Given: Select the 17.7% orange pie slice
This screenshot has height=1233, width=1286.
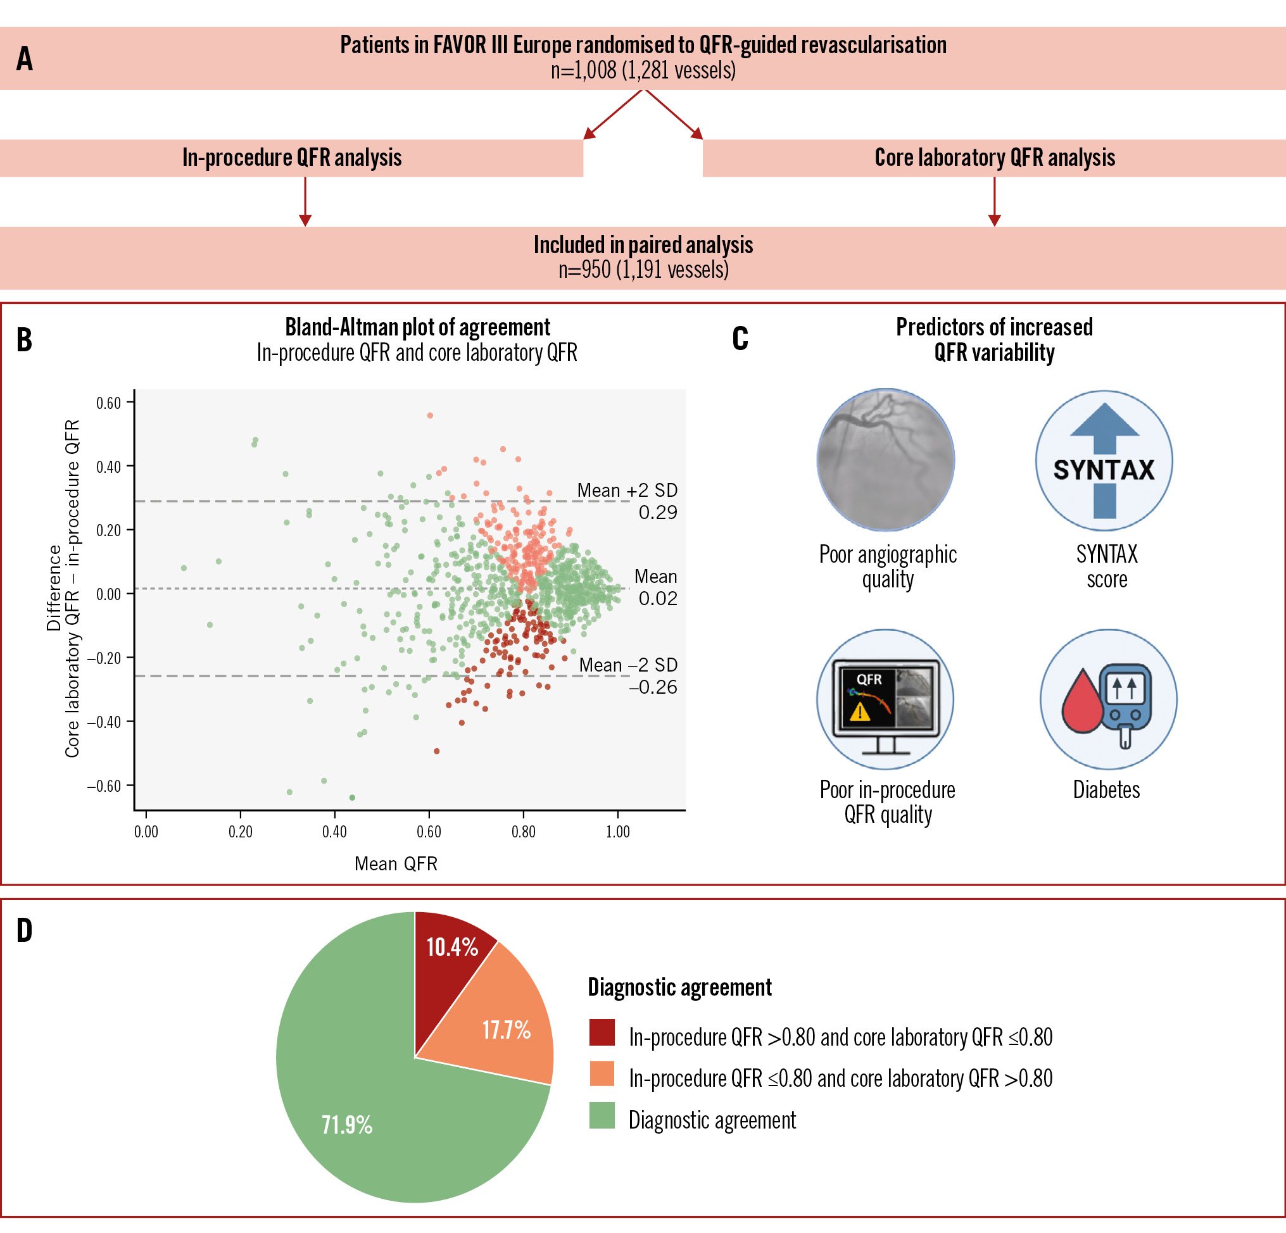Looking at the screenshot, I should click(505, 1030).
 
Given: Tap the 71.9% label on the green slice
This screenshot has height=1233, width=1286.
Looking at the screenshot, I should click(346, 1125).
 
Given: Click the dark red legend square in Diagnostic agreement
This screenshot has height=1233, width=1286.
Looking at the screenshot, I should click(602, 1032).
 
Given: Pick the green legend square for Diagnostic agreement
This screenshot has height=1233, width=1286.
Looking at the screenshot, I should click(602, 1116).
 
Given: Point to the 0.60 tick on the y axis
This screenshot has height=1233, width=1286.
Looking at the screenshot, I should click(109, 403).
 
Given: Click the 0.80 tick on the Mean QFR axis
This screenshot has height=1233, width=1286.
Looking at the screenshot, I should click(523, 832).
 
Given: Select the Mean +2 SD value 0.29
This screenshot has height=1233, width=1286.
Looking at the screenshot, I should click(657, 512).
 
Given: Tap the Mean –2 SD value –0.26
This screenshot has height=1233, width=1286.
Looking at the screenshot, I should click(653, 687).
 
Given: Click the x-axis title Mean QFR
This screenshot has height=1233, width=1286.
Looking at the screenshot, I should click(396, 864).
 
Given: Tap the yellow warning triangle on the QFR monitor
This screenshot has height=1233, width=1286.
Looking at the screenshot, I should click(859, 711).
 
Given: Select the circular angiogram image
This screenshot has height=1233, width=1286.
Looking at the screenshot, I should click(886, 459).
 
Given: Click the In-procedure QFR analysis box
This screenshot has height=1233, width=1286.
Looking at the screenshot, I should click(292, 158).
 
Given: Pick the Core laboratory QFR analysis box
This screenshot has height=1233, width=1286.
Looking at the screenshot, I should click(994, 158).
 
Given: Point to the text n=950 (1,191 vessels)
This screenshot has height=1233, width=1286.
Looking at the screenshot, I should click(643, 270).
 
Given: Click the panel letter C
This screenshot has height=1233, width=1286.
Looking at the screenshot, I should click(740, 339).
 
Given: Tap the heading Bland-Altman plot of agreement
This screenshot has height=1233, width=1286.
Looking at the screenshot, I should click(417, 327).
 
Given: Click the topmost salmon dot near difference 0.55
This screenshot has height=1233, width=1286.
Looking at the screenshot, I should click(430, 415).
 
